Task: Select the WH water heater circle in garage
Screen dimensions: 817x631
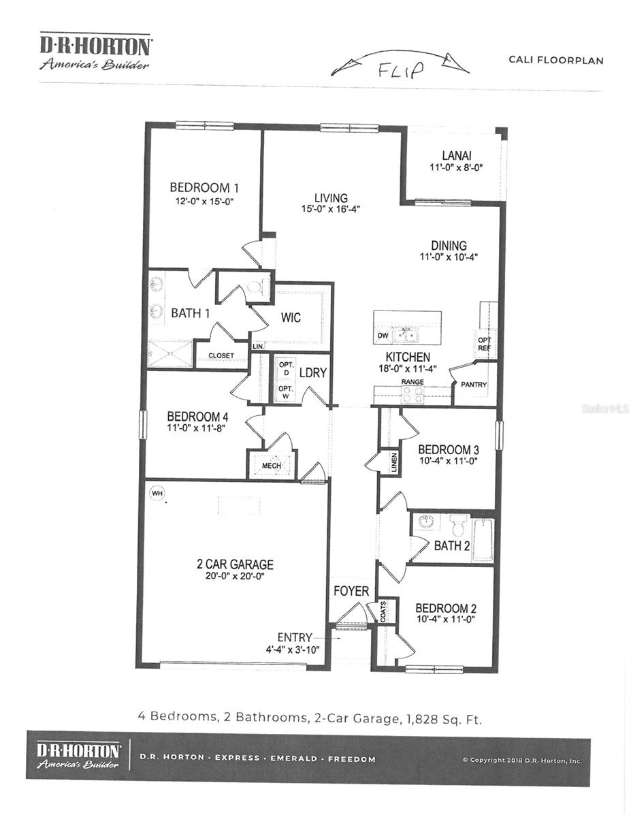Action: pos(157,492)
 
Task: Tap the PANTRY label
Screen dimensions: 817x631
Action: pos(474,385)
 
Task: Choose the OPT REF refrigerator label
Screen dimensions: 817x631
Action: pos(484,344)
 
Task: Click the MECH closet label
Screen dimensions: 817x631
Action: pos(272,466)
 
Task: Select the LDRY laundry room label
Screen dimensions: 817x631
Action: pos(313,373)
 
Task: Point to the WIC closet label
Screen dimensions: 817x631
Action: pos(291,318)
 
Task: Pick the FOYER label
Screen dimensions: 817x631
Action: pos(351,591)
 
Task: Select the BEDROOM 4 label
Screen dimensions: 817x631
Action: pos(197,417)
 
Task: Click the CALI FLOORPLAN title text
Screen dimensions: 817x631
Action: pos(555,60)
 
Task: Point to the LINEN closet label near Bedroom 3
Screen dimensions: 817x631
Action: pos(394,463)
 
